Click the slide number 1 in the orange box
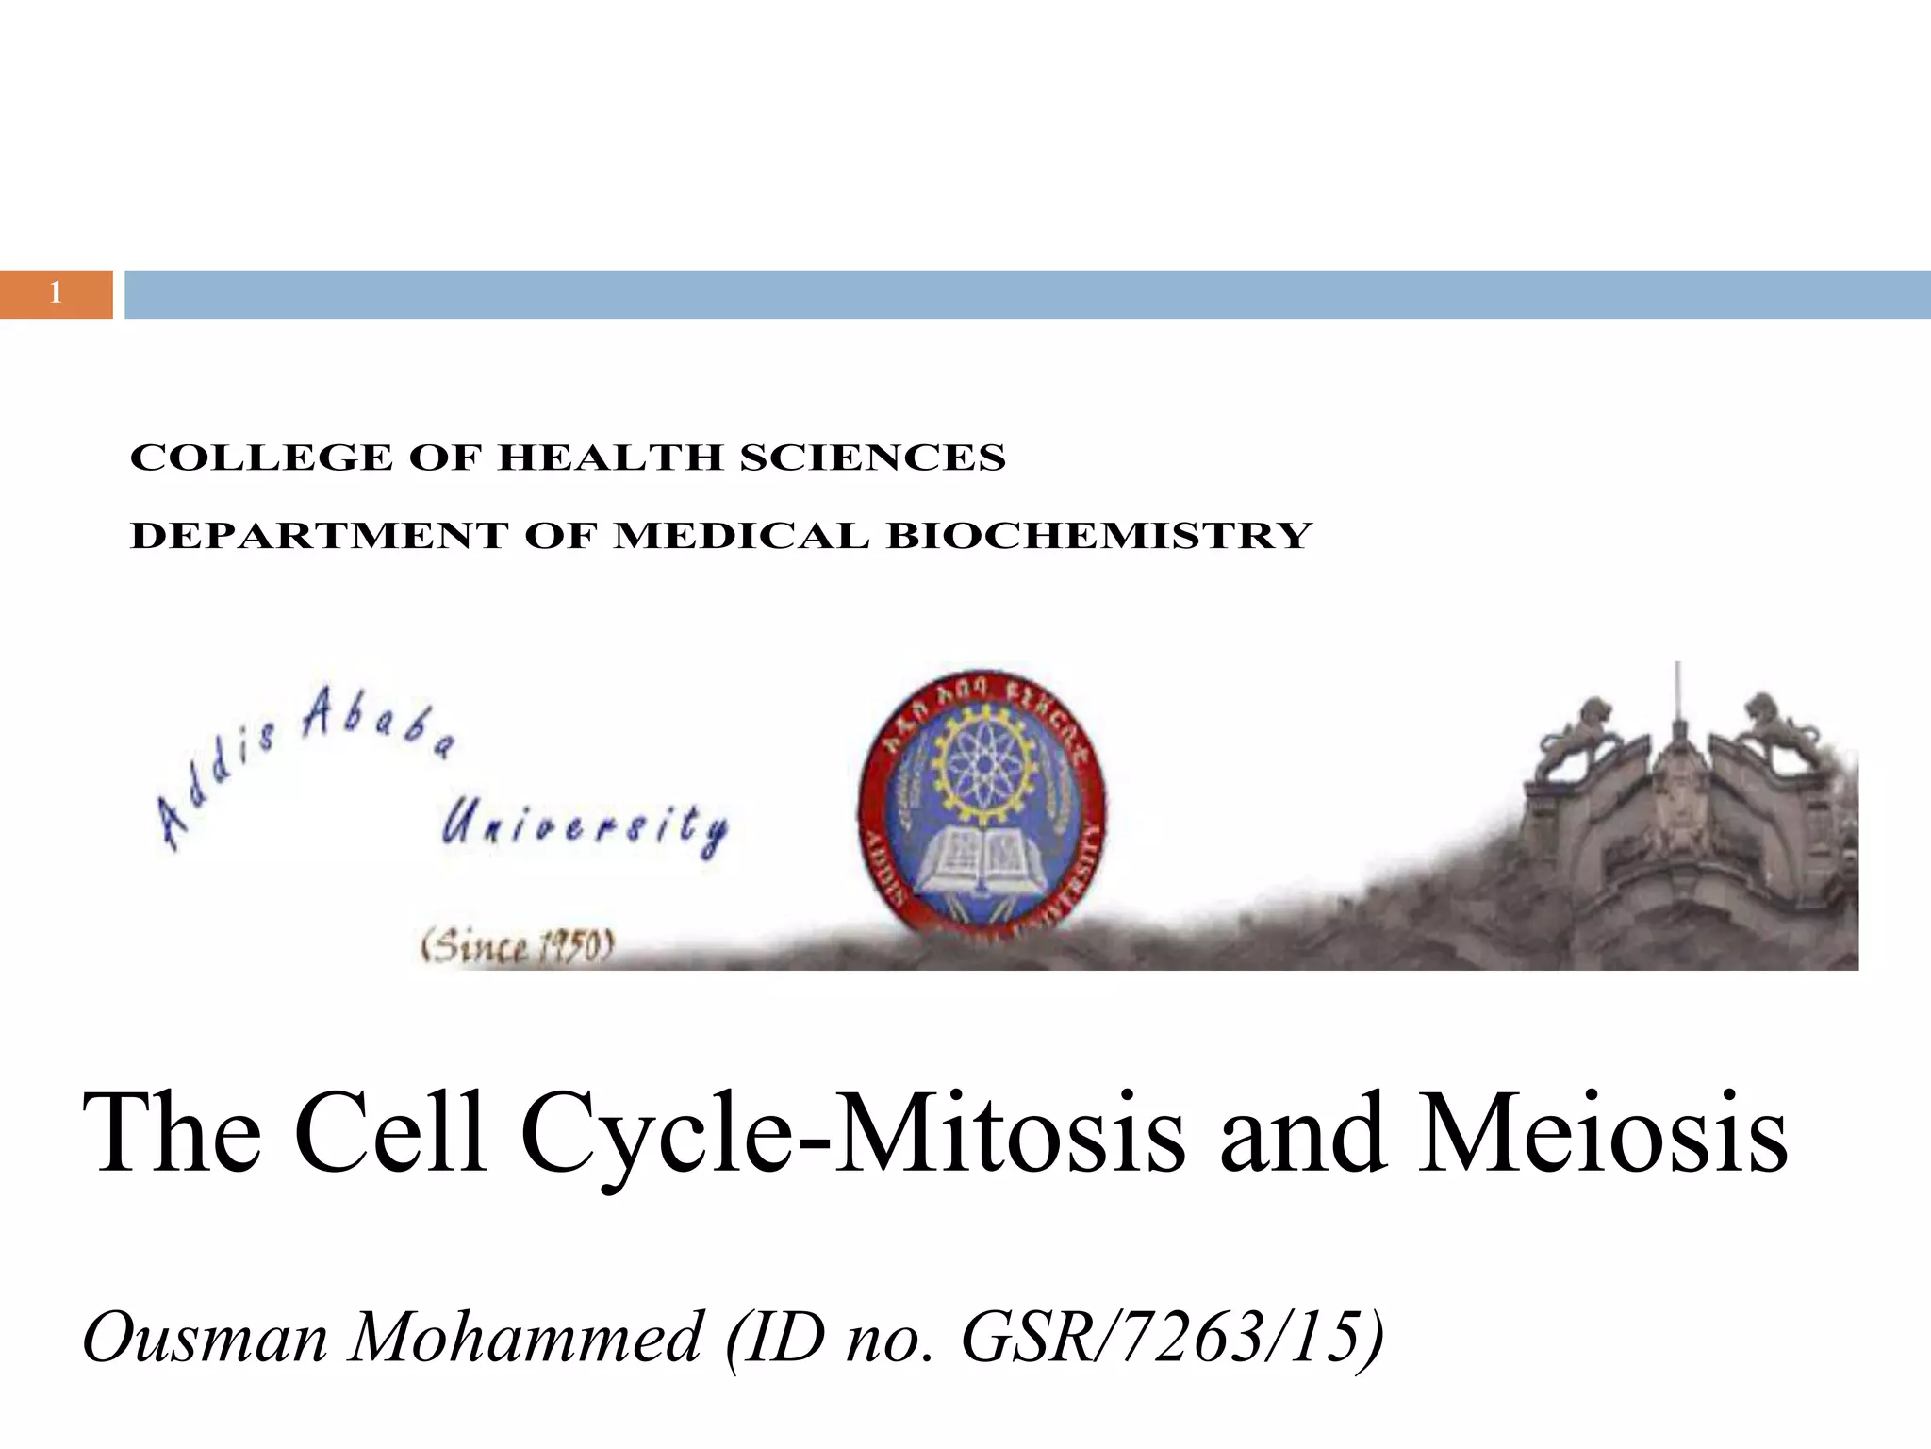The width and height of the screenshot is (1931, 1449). (56, 293)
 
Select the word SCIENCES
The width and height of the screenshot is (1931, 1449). (872, 458)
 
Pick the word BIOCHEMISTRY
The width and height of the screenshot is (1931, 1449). (1099, 536)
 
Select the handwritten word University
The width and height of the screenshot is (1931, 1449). (585, 828)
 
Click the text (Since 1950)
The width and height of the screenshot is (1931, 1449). (518, 945)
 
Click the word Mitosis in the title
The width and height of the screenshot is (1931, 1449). (1010, 1132)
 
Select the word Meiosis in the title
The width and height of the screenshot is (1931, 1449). (1602, 1132)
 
